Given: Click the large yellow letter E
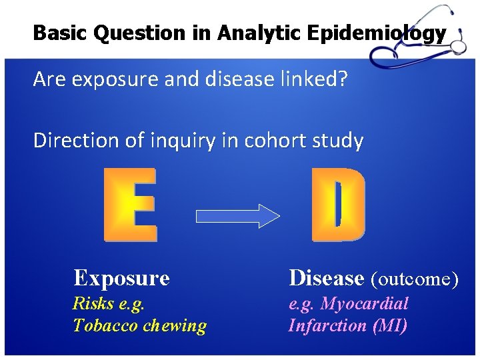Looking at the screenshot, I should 131,204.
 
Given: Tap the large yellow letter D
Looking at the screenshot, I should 339,204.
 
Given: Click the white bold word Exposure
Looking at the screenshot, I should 121,277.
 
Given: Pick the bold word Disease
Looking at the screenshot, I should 326,277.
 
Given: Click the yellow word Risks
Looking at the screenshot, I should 93,304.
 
